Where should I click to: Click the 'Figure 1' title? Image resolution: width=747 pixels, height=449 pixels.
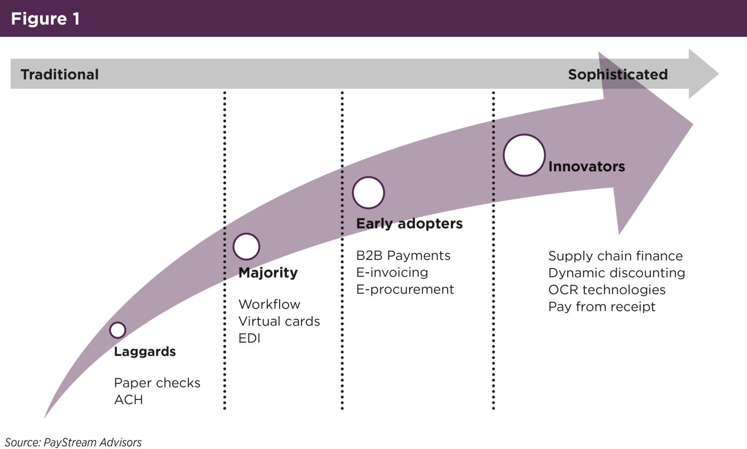[x=45, y=19]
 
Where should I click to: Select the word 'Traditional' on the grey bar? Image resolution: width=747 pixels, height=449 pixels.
[x=60, y=74]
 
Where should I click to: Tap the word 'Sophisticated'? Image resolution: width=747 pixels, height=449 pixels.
[x=617, y=74]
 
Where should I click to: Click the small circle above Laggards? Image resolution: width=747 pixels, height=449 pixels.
[x=117, y=330]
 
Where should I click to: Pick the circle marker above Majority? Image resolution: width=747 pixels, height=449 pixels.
[x=247, y=247]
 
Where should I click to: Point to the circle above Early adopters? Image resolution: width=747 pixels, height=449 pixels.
[x=368, y=192]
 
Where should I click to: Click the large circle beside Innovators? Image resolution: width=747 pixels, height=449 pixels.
[x=524, y=155]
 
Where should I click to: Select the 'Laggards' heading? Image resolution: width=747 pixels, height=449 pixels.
[x=145, y=352]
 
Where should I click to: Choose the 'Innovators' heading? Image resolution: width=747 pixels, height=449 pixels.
[x=586, y=167]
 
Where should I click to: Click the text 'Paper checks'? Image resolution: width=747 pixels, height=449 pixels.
[x=157, y=383]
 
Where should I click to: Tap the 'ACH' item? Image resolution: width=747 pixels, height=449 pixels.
[x=129, y=400]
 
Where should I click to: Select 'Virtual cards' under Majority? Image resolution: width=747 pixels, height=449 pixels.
[x=279, y=321]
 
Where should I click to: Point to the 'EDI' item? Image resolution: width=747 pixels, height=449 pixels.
[x=249, y=338]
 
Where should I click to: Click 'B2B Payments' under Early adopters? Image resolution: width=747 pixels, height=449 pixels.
[x=403, y=256]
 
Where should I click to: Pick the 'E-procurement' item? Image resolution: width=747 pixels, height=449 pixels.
[x=405, y=289]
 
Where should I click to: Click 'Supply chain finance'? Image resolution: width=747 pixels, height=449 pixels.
[x=615, y=256]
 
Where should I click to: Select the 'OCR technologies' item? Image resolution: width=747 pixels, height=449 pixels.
[x=607, y=290]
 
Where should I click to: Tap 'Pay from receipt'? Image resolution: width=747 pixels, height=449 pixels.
[x=602, y=307]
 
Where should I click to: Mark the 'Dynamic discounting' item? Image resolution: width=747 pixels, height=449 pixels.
[x=616, y=273]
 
